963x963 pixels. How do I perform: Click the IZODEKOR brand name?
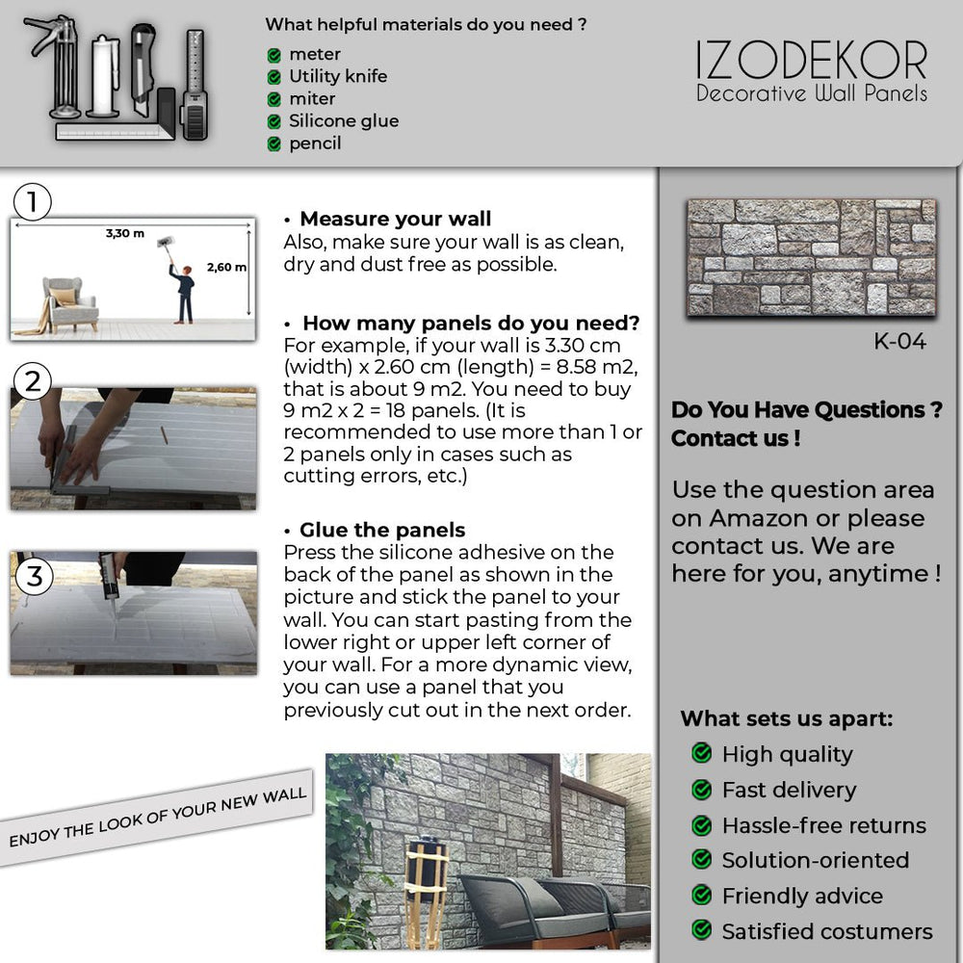pyautogui.click(x=811, y=61)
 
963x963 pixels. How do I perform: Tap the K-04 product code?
pyautogui.click(x=899, y=342)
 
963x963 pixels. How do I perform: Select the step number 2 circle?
pyautogui.click(x=34, y=382)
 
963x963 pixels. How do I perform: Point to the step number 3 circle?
pyautogui.click(x=35, y=577)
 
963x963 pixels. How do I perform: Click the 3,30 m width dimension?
pyautogui.click(x=125, y=233)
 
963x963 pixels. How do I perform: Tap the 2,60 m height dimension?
pyautogui.click(x=226, y=267)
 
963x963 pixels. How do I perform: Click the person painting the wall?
pyautogui.click(x=181, y=286)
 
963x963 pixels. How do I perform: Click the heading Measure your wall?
pyautogui.click(x=395, y=219)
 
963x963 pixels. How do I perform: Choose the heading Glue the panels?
pyautogui.click(x=381, y=530)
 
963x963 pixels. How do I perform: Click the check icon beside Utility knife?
pyautogui.click(x=274, y=77)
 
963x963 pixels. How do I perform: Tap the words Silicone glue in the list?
pyautogui.click(x=344, y=121)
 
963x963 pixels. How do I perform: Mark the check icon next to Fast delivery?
pyautogui.click(x=702, y=790)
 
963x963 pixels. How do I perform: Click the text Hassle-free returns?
pyautogui.click(x=823, y=825)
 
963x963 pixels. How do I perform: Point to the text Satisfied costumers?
pyautogui.click(x=827, y=931)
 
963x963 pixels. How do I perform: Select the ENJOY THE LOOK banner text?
pyautogui.click(x=157, y=818)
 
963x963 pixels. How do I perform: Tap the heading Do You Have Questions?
pyautogui.click(x=806, y=409)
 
